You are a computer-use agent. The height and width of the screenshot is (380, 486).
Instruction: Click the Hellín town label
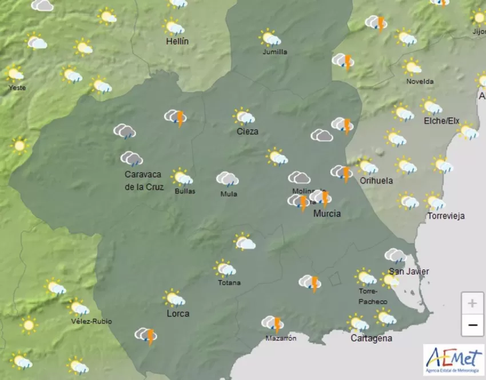point(177,42)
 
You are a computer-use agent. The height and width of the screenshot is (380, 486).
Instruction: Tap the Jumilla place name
point(274,52)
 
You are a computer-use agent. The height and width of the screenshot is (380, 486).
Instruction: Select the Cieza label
point(248,131)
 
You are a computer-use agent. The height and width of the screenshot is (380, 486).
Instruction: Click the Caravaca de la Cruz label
point(144,181)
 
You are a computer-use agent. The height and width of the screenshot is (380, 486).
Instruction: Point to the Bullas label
point(185,191)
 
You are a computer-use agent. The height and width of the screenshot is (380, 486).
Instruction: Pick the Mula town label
point(229,194)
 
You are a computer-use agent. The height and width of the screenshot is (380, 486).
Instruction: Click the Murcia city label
point(327,214)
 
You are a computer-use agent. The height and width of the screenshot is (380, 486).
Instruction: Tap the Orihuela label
point(376,181)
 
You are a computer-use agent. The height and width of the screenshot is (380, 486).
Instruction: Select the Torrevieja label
point(446,216)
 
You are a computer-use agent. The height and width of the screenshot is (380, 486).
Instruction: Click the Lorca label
point(177,314)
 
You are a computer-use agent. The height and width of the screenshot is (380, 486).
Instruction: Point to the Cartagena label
point(371,338)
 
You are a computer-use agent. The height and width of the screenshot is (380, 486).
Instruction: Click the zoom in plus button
point(472,303)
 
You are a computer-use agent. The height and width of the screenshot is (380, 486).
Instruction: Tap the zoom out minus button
point(472,326)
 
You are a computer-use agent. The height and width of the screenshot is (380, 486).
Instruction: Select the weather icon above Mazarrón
point(273,324)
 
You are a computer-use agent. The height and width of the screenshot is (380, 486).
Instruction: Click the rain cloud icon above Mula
point(227,179)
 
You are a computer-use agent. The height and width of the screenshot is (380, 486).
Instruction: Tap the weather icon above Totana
point(225,268)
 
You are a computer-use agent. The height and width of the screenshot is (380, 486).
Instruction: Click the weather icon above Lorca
point(173,298)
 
